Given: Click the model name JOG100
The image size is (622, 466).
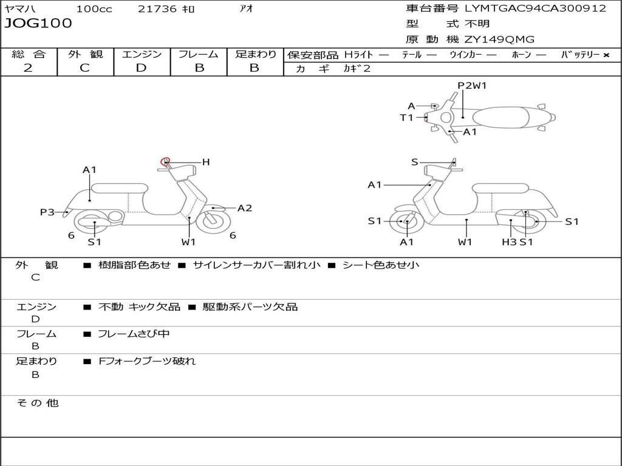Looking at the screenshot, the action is click(38, 24).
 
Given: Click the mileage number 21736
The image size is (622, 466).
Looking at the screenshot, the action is click(157, 9).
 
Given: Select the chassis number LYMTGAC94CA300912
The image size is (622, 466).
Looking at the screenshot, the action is click(535, 8).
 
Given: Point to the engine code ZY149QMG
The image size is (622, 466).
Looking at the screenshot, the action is click(499, 39).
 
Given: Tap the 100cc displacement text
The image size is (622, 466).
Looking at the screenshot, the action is click(93, 9).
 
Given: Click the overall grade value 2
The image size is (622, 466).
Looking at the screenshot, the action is click(28, 68).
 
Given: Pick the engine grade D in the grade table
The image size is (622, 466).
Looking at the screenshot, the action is click(141, 68).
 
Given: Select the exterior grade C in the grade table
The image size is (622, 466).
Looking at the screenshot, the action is click(84, 68).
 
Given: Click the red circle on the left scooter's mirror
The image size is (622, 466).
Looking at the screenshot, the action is click(164, 161).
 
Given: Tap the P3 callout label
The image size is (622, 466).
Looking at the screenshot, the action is click(47, 212).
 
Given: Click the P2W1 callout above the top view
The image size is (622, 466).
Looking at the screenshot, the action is click(472, 86).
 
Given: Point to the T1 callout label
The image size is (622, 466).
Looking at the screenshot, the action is click(406, 118).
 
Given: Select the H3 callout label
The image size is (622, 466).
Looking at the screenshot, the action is click(509, 242).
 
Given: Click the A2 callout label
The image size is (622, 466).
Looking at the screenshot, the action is click(245, 208).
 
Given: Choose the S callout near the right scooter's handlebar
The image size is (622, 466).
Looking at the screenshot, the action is click(414, 162).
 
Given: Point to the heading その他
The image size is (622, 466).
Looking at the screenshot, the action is click(37, 403).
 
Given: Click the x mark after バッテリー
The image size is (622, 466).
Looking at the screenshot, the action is click(606, 55).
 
